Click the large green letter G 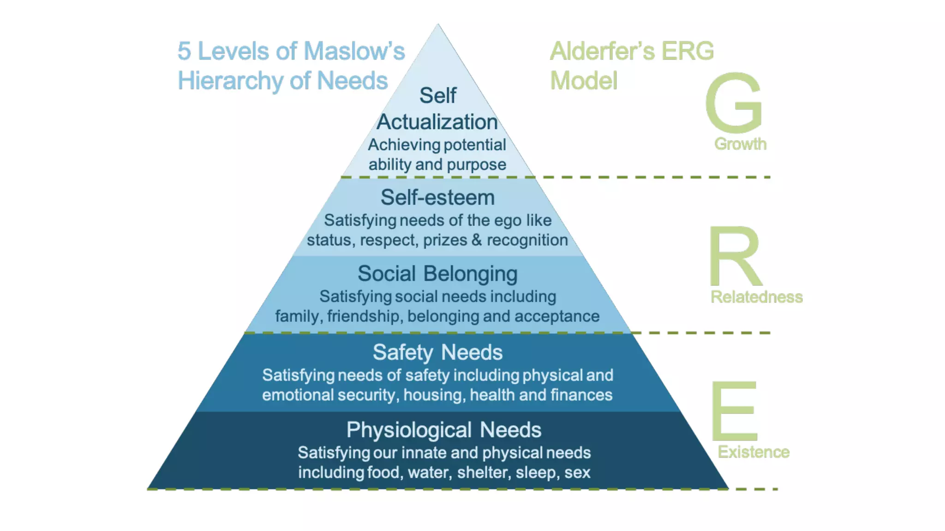pyautogui.click(x=734, y=102)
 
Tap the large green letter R pyautogui.click(x=735, y=256)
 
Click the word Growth pyautogui.click(x=740, y=144)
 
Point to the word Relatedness pyautogui.click(x=756, y=297)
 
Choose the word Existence pyautogui.click(x=754, y=452)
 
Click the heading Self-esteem pyautogui.click(x=437, y=198)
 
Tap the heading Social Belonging pyautogui.click(x=437, y=274)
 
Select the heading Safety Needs pyautogui.click(x=437, y=353)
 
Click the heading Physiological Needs pyautogui.click(x=443, y=430)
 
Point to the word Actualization pyautogui.click(x=437, y=122)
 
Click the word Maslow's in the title pyautogui.click(x=354, y=51)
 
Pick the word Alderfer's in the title pyautogui.click(x=602, y=51)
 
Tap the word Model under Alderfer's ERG pyautogui.click(x=584, y=81)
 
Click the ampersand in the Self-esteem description pyautogui.click(x=477, y=240)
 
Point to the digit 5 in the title pyautogui.click(x=184, y=51)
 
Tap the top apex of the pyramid pyautogui.click(x=438, y=25)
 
